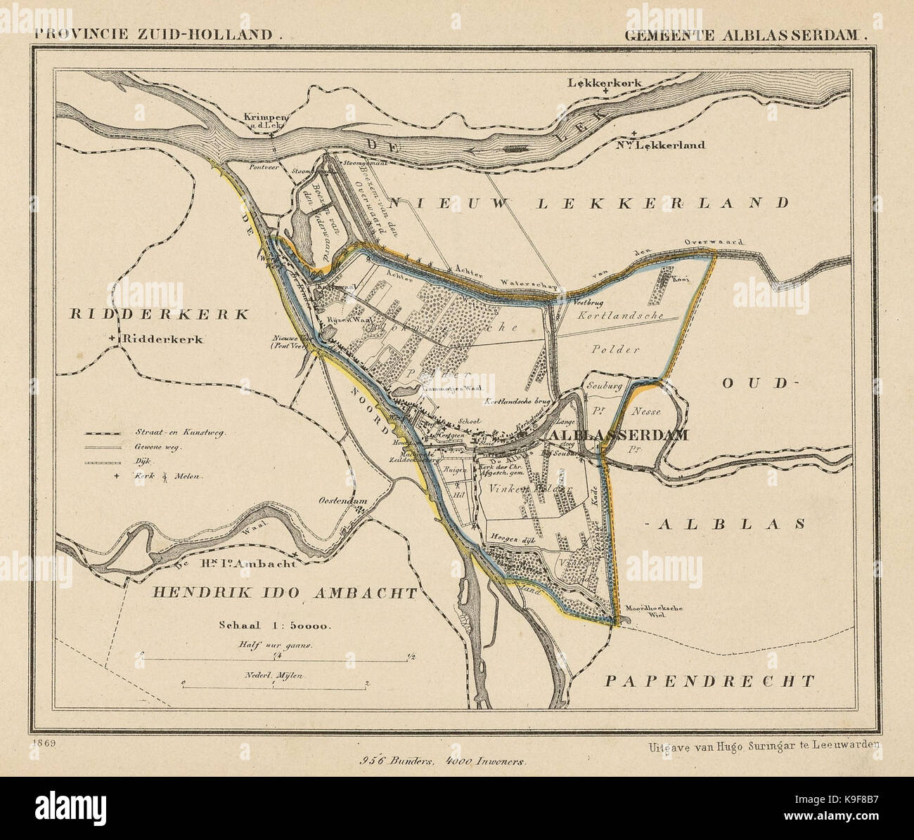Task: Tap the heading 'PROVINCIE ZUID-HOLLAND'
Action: [157, 32]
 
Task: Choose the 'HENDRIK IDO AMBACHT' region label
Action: [285, 593]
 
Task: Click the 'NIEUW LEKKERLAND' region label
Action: [588, 204]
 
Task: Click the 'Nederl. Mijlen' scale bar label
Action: [273, 675]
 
